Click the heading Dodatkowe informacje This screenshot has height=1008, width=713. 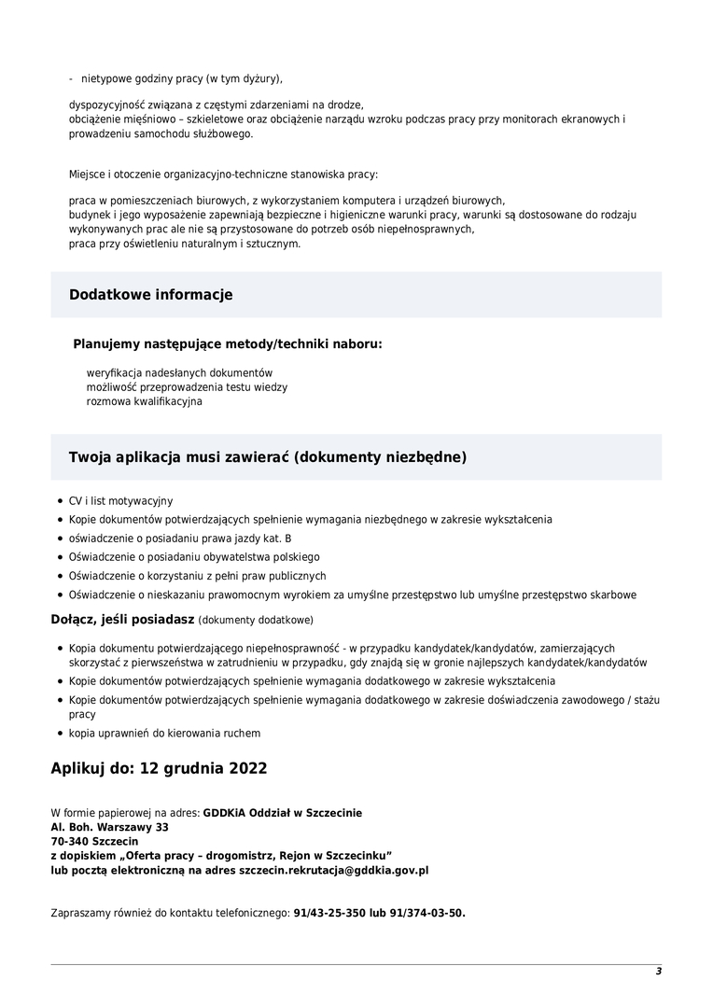pos(150,295)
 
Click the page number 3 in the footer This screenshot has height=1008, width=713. pos(658,971)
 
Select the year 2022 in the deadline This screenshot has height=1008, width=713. pos(245,769)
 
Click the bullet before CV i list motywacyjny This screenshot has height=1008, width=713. pos(60,501)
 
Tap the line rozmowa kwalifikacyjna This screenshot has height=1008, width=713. pos(144,401)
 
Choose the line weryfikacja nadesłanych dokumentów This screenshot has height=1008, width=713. pos(179,372)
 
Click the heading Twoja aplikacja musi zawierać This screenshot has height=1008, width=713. pos(268,457)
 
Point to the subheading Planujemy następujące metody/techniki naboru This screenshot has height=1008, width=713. pos(228,343)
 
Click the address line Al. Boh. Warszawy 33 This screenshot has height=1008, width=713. pos(109,827)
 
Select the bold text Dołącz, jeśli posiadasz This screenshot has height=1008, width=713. pos(122,619)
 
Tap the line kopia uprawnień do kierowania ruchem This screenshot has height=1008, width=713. pos(164,733)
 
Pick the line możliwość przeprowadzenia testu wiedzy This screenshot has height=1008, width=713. pos(187,386)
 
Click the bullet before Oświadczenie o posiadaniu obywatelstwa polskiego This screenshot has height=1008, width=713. pos(60,557)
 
